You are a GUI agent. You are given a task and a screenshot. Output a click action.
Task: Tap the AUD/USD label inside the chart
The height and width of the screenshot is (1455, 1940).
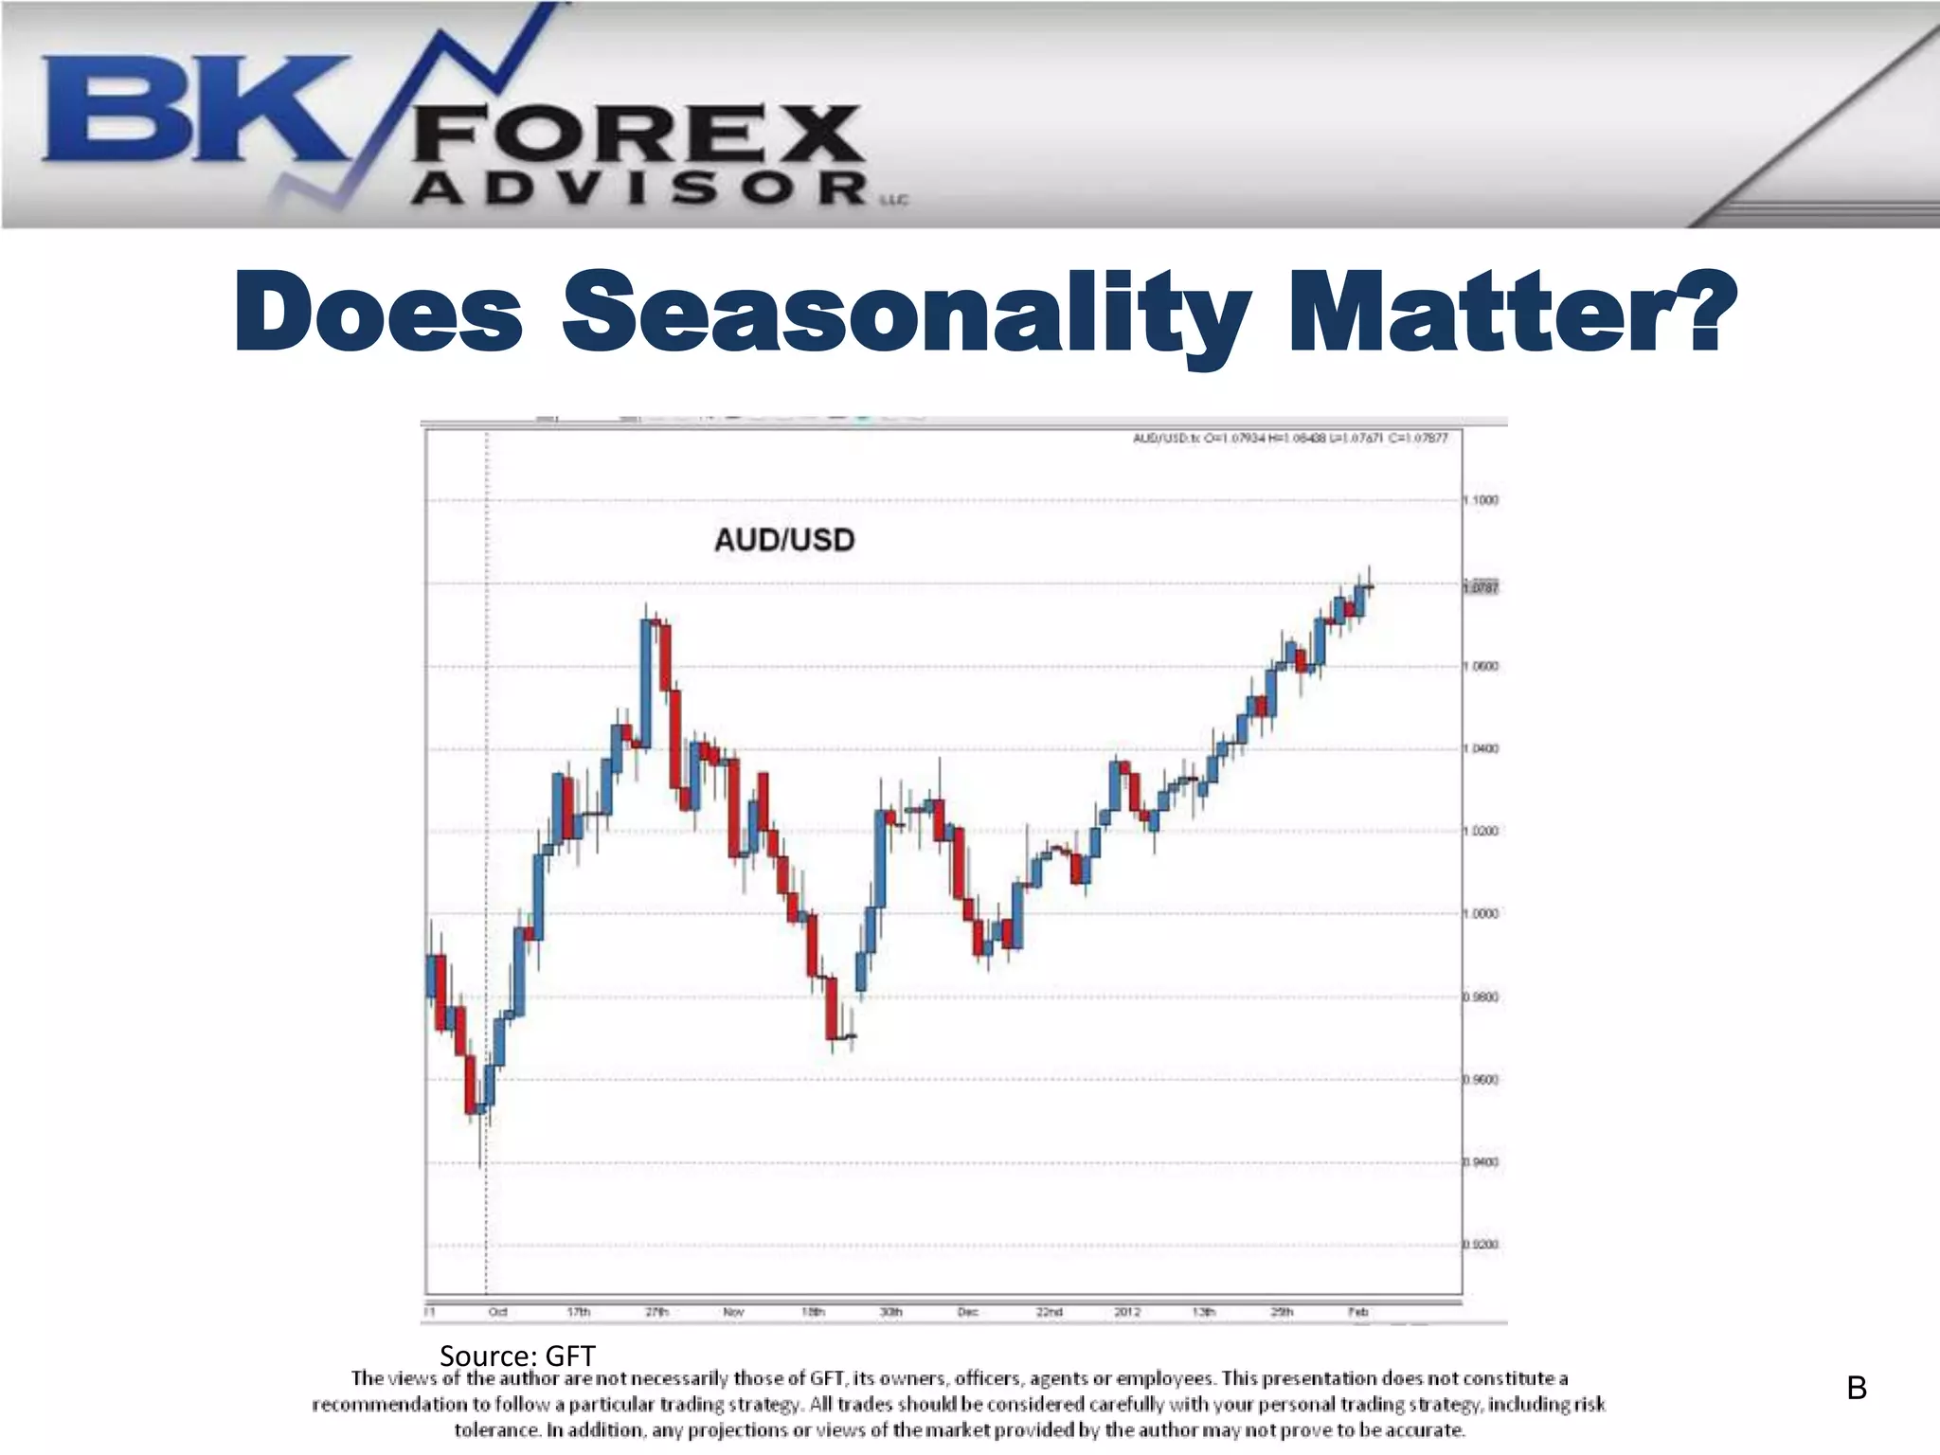[x=784, y=540]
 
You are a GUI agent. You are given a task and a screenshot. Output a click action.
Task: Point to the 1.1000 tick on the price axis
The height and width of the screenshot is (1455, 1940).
[x=1482, y=500]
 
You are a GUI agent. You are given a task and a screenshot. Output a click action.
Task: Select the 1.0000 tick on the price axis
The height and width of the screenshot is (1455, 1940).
[x=1482, y=914]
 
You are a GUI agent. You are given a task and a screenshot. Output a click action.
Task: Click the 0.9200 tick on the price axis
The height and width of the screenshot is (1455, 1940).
[x=1482, y=1245]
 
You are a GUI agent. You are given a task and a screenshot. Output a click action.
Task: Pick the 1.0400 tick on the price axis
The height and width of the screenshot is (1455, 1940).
[x=1482, y=748]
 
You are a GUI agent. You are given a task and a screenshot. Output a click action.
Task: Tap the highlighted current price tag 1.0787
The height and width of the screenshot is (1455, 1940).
[x=1482, y=588]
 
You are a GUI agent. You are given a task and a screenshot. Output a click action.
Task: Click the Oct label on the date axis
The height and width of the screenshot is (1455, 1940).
[x=497, y=1312]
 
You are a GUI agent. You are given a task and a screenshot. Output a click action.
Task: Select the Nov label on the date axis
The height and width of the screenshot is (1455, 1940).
[x=733, y=1312]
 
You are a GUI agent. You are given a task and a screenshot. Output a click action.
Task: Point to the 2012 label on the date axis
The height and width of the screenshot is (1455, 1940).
[x=1127, y=1312]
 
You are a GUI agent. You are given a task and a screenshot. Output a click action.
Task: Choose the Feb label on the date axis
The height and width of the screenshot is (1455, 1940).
[x=1357, y=1312]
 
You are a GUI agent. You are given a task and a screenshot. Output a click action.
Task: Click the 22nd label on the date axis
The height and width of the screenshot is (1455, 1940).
[x=1049, y=1312]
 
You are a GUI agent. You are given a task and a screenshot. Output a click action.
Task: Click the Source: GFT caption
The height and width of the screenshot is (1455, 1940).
[x=517, y=1356]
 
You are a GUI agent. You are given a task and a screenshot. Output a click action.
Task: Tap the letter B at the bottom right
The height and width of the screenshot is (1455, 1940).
[x=1856, y=1389]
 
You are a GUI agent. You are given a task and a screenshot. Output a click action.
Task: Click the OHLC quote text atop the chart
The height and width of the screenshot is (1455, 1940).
[x=1290, y=438]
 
